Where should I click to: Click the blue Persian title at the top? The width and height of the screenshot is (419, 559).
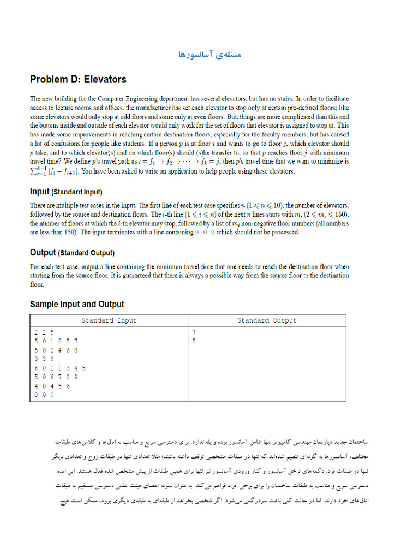[209, 55]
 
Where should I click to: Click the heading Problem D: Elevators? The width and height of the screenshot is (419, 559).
[78, 80]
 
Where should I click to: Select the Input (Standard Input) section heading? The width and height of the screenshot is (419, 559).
[66, 192]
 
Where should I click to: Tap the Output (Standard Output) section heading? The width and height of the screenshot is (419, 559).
[72, 253]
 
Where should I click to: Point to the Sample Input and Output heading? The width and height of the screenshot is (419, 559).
[77, 305]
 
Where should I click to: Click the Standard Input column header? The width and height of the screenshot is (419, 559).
[109, 320]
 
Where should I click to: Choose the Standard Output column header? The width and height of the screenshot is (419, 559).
[267, 320]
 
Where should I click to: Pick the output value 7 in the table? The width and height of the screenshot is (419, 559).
[194, 332]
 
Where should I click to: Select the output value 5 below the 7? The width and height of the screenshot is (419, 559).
[194, 341]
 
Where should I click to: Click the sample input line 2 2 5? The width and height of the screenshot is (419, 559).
[44, 332]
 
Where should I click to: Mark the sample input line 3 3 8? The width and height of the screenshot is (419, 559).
[44, 359]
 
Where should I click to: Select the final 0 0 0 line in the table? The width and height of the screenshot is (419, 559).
[44, 394]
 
